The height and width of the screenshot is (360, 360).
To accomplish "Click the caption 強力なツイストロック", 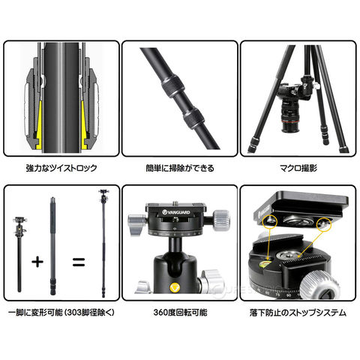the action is [61, 168].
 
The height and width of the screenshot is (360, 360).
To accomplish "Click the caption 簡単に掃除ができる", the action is [180, 168].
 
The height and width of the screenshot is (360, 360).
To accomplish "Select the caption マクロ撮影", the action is [298, 168].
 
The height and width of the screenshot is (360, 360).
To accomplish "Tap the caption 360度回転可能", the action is [180, 313].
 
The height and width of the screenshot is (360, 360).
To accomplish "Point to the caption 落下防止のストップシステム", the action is [298, 313].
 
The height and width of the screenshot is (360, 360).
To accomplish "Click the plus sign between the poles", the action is [37, 262].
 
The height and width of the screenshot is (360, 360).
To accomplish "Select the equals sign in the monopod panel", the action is [79, 262].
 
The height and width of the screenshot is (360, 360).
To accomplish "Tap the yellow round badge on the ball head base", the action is [175, 287].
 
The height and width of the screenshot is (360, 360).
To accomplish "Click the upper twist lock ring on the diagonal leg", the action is [173, 86].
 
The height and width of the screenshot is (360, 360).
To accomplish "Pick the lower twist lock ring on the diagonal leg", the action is [193, 118].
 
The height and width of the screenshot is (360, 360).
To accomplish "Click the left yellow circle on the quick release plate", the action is [270, 220].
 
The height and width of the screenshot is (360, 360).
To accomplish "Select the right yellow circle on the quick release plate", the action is [324, 224].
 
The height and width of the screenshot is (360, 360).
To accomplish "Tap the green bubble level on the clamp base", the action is [267, 263].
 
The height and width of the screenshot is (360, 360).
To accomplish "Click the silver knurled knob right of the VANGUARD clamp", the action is [222, 219].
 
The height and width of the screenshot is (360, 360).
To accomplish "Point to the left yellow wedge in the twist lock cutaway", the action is [39, 125].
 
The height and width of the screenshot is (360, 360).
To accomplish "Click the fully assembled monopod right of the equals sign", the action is [103, 243].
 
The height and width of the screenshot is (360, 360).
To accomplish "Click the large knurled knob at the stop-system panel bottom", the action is [319, 284].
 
